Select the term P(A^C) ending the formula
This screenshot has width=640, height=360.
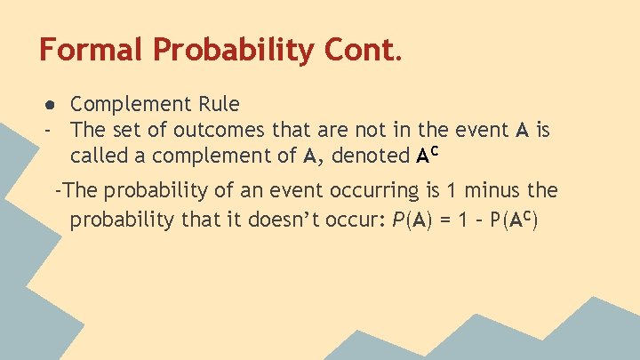(x=514, y=219)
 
